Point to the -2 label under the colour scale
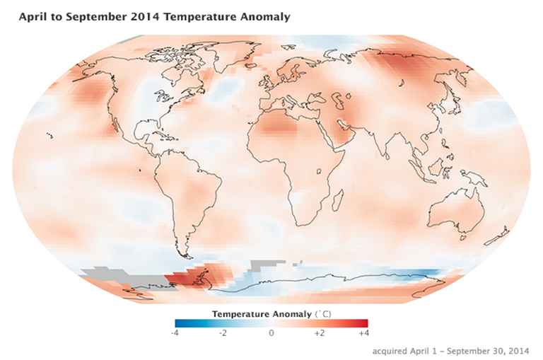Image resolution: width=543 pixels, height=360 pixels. point(221,332)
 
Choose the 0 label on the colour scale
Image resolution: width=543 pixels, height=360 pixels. point(271,332)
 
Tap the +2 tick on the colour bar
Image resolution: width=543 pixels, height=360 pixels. point(317,332)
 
